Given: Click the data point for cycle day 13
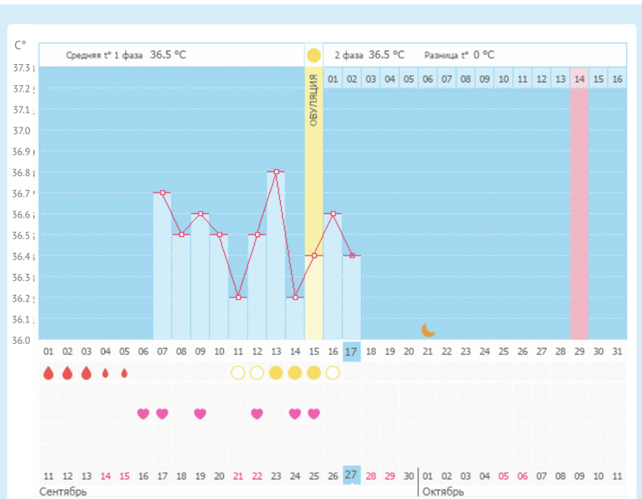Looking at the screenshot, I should [276, 172].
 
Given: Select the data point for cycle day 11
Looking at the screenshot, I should [238, 297].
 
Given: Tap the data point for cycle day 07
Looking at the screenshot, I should [162, 192].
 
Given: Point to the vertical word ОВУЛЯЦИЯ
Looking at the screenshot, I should [313, 100].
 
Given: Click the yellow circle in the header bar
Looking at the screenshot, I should [313, 56].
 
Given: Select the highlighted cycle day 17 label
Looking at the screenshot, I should [352, 352].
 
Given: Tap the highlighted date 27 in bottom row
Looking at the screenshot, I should [352, 475].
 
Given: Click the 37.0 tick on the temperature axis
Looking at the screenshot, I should [22, 131].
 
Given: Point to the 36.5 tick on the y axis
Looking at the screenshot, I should [22, 236].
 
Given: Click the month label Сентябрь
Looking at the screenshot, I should [63, 492].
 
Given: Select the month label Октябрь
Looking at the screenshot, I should [443, 492].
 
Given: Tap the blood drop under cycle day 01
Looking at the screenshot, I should [48, 373].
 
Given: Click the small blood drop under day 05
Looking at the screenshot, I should [124, 373].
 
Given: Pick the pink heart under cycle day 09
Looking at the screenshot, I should [200, 413].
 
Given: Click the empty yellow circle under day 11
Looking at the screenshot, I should [238, 372].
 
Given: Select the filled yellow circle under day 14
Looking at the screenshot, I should [294, 372].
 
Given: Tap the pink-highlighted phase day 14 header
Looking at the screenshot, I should [579, 79].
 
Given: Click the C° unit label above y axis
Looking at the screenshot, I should [20, 44].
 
